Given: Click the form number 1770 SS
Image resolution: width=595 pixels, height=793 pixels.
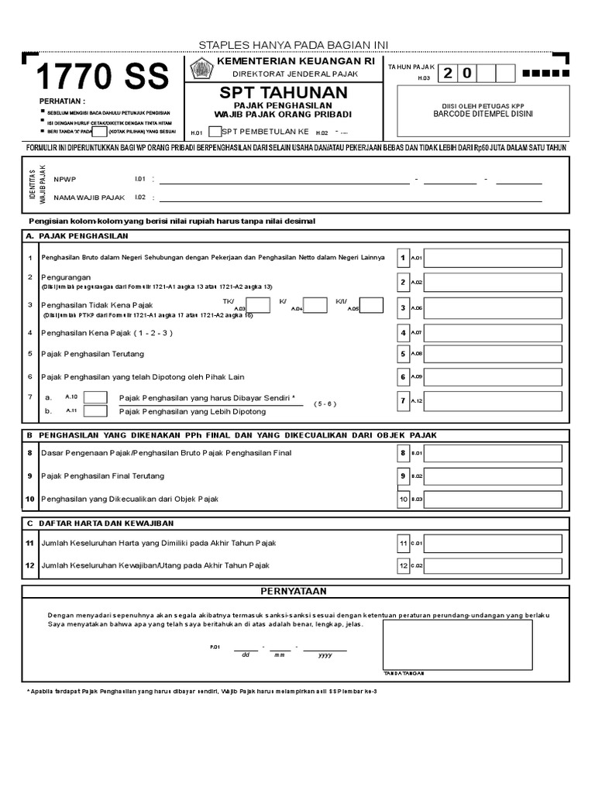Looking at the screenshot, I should click(x=101, y=78).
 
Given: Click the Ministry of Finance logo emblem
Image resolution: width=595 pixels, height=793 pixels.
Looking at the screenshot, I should click(x=201, y=68).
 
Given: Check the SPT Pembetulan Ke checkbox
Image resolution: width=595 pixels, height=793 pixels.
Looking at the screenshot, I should click(x=215, y=132).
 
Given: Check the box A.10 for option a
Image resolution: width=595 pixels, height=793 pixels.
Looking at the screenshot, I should click(x=95, y=397).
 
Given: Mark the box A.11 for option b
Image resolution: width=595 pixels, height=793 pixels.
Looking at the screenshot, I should click(x=95, y=411).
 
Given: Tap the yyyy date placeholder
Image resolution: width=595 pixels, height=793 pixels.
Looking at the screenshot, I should click(x=325, y=655).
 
